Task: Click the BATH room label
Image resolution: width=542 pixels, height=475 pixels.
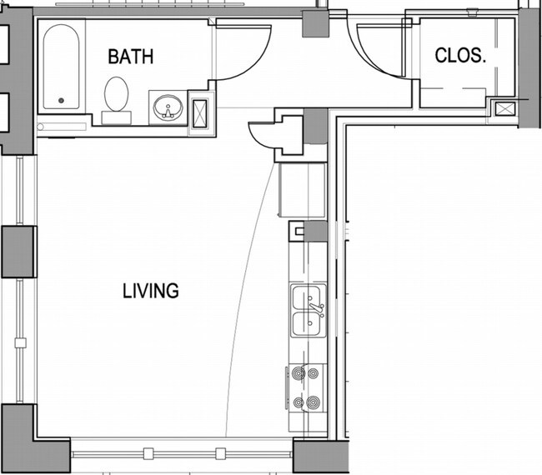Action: (x=131, y=57)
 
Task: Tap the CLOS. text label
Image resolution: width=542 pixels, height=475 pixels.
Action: (x=460, y=56)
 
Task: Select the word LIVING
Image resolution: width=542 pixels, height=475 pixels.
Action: (x=151, y=291)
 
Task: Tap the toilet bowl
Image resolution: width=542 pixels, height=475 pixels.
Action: (x=116, y=93)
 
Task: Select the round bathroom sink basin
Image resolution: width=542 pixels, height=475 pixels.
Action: (x=168, y=107)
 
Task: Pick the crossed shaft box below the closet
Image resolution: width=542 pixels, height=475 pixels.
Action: (x=504, y=108)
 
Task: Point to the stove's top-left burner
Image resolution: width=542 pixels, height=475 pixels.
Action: (x=299, y=374)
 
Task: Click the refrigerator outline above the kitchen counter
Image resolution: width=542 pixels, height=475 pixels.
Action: (x=301, y=190)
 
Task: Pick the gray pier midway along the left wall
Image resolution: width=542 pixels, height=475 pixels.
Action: (x=18, y=251)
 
